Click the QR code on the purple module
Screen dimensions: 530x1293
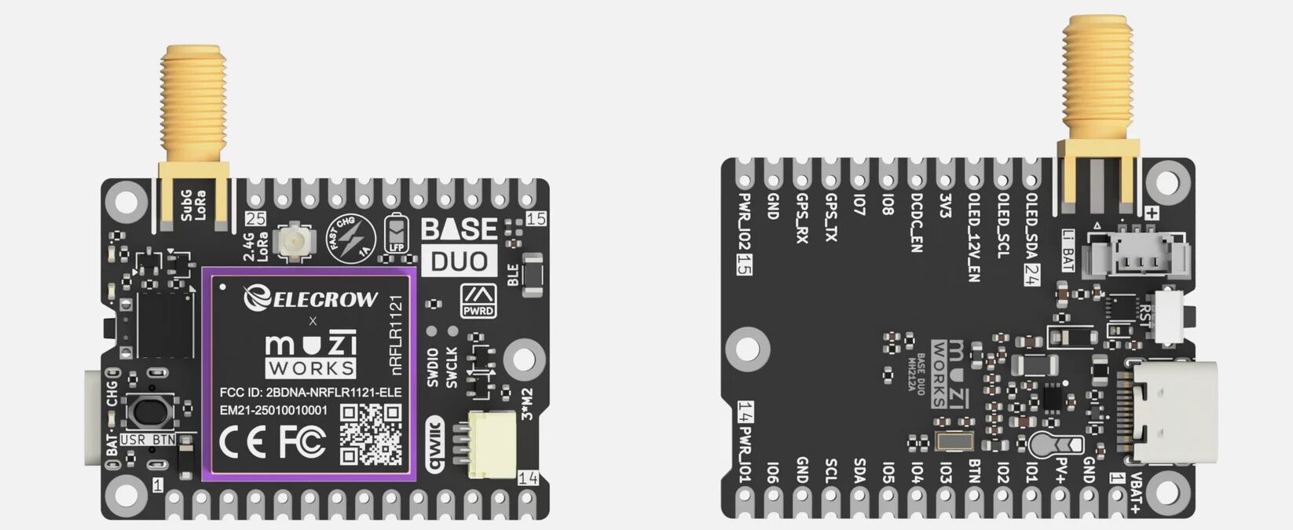[371, 434]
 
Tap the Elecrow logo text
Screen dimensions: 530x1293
[311, 298]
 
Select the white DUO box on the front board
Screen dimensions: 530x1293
[460, 261]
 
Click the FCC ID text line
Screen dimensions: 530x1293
[310, 392]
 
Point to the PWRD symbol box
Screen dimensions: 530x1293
[478, 301]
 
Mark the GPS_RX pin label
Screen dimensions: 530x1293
[802, 218]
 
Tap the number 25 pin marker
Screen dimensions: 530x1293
[256, 220]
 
